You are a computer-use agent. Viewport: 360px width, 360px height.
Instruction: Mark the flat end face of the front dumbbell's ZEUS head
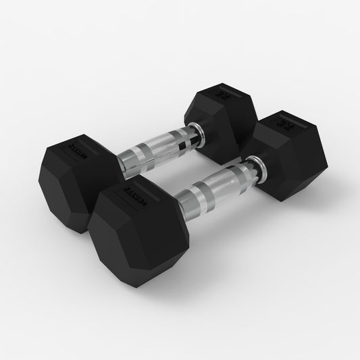122,243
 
